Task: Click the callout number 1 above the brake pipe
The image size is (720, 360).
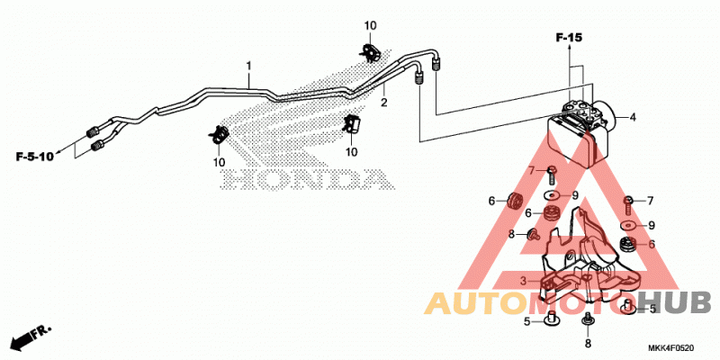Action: pos(248,66)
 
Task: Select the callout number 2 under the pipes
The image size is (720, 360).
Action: pos(384,103)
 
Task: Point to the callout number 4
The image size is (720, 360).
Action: pos(633,118)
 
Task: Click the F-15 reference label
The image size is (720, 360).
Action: pos(570,38)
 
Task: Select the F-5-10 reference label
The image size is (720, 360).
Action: pos(34,157)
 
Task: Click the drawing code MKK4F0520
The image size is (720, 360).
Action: pos(670,348)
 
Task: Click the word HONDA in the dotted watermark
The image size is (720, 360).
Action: pos(307,180)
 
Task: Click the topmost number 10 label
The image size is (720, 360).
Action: pos(370,26)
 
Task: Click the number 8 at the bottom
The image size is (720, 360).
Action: pos(588,343)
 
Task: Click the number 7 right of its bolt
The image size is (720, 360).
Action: pos(650,200)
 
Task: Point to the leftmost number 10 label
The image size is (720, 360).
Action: pos(219,162)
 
